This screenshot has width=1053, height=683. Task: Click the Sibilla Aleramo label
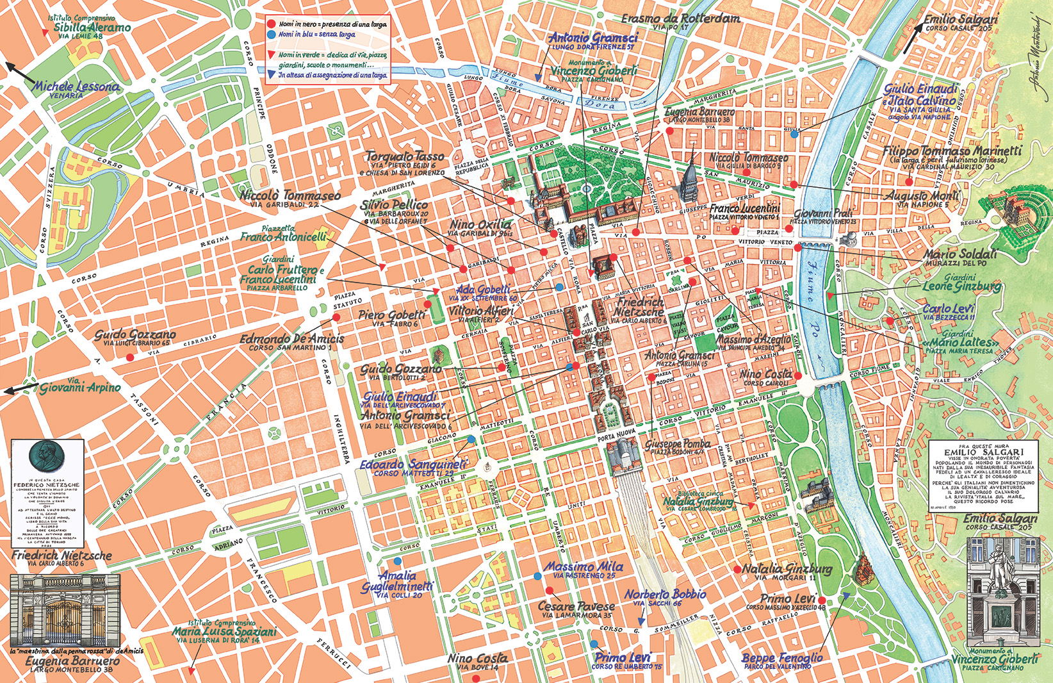(x=92, y=28)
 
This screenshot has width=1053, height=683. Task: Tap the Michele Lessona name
(x=76, y=86)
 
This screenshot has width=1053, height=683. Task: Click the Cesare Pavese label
(x=576, y=606)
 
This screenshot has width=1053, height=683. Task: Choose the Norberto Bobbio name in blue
(x=665, y=594)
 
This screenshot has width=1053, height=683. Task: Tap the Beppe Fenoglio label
(x=782, y=658)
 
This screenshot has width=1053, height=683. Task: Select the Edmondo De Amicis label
(x=292, y=339)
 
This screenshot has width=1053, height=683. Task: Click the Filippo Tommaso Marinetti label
(x=952, y=151)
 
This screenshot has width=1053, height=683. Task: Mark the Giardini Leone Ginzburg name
(x=961, y=286)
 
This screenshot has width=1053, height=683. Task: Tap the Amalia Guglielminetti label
(x=397, y=581)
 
